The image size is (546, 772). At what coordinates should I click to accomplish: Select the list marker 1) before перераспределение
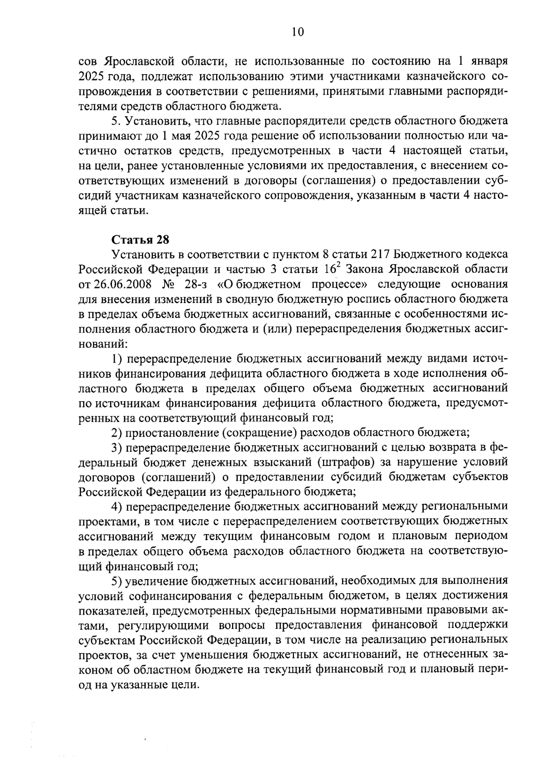pos(117,359)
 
